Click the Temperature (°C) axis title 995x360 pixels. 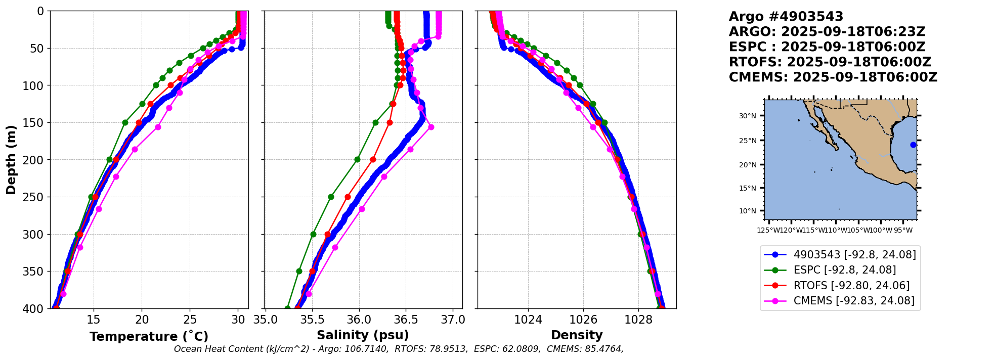(149, 337)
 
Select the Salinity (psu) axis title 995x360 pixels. (363, 335)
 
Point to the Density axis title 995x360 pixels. (577, 335)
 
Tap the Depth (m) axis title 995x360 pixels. (11, 160)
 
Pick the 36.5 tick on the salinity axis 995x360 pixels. (406, 320)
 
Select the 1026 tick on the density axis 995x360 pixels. (583, 320)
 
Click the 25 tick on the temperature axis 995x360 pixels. (190, 320)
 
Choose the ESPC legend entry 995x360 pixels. (844, 270)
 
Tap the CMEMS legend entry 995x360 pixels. (853, 301)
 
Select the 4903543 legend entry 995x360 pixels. (854, 255)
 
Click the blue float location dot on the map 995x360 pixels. (913, 145)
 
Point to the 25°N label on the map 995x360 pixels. (748, 141)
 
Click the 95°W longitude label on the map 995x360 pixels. (902, 231)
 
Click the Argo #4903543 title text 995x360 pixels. (786, 17)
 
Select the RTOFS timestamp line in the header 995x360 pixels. (830, 62)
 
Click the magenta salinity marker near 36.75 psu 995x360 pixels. (431, 127)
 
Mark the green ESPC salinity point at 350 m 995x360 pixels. (299, 271)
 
